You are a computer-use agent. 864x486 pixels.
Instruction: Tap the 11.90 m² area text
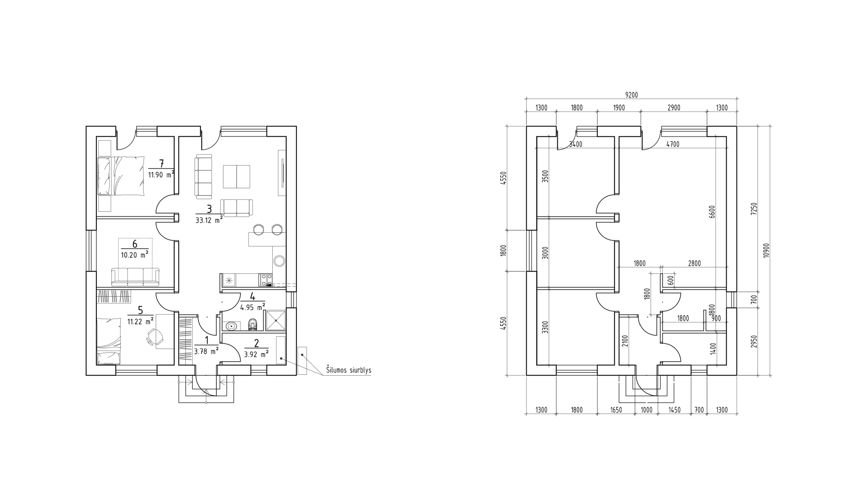coord(161,174)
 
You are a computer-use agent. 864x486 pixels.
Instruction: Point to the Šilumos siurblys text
coord(349,370)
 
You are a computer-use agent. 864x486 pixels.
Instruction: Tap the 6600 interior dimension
coord(712,212)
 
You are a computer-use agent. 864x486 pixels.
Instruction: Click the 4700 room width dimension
coord(673,144)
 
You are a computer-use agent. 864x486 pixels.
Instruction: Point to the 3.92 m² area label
coord(256,354)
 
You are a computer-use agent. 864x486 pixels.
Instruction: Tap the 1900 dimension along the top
coord(619,108)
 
